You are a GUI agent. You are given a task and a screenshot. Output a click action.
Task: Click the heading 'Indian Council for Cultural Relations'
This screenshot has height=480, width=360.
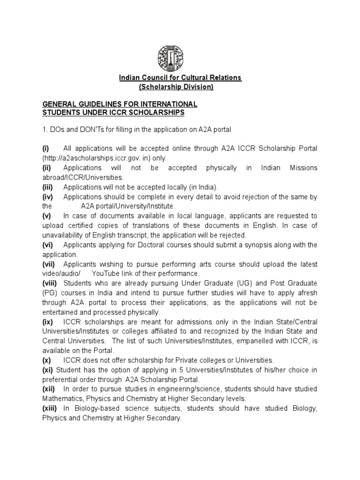point(180,77)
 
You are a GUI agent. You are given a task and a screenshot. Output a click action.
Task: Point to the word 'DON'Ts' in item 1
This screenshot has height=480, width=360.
point(86,129)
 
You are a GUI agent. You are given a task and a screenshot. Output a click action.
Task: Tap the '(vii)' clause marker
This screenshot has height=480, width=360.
point(49,264)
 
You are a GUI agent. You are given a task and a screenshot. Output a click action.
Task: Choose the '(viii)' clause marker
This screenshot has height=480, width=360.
point(50,284)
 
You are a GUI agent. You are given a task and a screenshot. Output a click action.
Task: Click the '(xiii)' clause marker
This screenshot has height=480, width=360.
point(50,409)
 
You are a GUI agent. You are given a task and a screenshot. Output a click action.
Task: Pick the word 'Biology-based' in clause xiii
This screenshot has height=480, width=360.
point(92,409)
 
